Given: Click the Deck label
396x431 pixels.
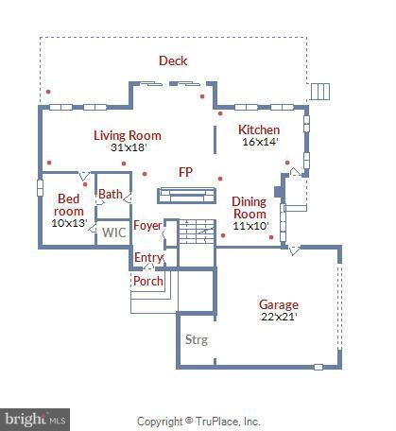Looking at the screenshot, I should [x=173, y=60].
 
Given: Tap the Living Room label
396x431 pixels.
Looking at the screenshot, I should [x=127, y=135].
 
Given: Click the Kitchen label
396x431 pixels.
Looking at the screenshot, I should [x=258, y=129].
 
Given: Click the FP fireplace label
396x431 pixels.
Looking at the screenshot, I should [x=186, y=172].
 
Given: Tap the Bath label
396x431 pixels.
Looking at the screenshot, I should [x=111, y=195].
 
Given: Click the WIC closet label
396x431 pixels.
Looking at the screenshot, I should [x=113, y=232].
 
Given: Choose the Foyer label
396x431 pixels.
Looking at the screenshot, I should [x=146, y=225].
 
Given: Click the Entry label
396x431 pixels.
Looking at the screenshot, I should [x=148, y=257].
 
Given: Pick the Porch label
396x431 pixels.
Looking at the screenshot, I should [x=147, y=281].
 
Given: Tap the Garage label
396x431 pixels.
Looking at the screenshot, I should [x=279, y=304].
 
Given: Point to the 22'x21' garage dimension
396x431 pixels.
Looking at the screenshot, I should [x=279, y=318].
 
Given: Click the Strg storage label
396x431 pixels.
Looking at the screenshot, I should [x=196, y=339].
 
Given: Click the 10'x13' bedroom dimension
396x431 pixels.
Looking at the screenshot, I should [x=69, y=223].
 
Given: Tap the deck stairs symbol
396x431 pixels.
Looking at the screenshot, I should [x=320, y=91].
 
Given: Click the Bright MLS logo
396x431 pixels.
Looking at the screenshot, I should [x=36, y=416].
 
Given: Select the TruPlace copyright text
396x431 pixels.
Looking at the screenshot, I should [x=198, y=422].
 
